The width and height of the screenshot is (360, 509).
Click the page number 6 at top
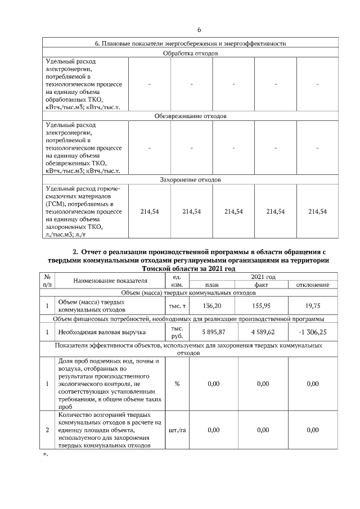tap(199, 30)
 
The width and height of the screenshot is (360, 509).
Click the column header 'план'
tap(213, 285)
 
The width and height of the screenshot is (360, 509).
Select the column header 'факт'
tap(263, 285)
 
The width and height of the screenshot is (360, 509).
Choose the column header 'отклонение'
tap(313, 285)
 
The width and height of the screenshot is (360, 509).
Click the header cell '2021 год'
tap(263, 277)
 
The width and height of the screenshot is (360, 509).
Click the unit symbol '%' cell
tap(177, 384)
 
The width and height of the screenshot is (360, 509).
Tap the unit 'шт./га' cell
tap(177, 430)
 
